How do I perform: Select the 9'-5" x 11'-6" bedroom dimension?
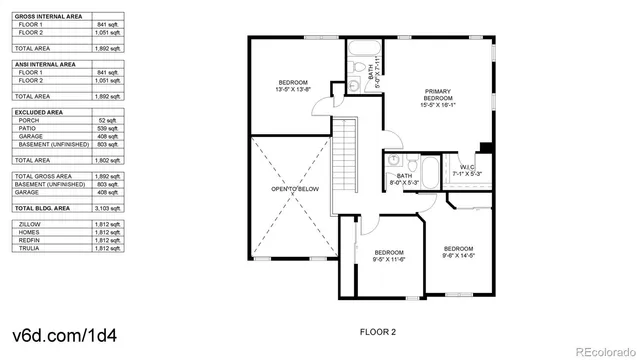tap(388, 259)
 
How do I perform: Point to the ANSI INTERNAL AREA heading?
tap(44, 64)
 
